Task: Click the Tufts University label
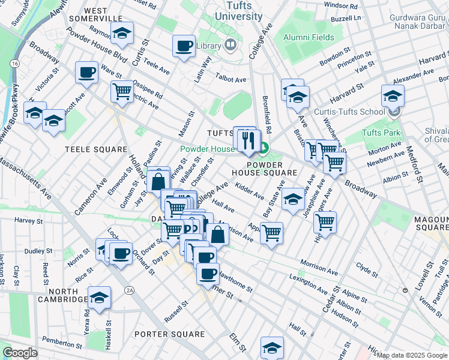pyautogui.click(x=244, y=11)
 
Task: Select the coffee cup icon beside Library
pyautogui.click(x=184, y=46)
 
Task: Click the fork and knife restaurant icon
pyautogui.click(x=248, y=141)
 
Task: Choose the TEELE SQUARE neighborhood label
pyautogui.click(x=96, y=149)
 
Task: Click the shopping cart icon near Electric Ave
pyautogui.click(x=122, y=92)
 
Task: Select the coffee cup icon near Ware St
pyautogui.click(x=86, y=73)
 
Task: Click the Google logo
pyautogui.click(x=20, y=353)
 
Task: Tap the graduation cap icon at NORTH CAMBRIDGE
pyautogui.click(x=99, y=297)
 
